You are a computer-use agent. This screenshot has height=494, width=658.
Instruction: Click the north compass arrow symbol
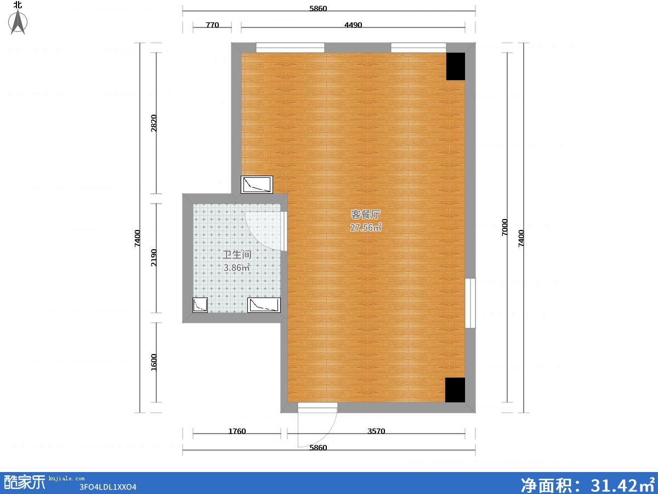pos(18,22)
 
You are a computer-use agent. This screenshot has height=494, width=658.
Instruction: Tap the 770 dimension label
pos(212,25)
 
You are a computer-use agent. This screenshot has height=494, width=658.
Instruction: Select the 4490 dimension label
pos(353,25)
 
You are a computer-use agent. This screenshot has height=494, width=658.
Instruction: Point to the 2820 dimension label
pos(154,123)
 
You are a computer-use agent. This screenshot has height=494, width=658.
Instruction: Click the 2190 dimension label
pos(154,257)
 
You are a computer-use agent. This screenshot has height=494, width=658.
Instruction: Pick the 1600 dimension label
pos(154,362)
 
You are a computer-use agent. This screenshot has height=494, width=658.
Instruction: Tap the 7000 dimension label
pos(504,227)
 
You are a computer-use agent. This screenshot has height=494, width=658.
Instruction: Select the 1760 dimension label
pos(237,431)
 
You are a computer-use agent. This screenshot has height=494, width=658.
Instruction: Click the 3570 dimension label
pos(376,431)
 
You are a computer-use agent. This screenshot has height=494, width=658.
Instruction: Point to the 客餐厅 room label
pos(365,215)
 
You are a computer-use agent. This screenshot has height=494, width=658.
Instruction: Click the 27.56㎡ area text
pos(366,228)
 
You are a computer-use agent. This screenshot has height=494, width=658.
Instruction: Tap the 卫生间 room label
pos(237,255)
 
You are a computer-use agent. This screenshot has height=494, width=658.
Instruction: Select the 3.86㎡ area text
pos(237,267)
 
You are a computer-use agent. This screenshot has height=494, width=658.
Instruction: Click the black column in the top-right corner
pos(456,66)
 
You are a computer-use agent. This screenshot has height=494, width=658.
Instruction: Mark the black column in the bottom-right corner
pos(455,390)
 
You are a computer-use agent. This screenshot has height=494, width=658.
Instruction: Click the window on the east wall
pos(470,303)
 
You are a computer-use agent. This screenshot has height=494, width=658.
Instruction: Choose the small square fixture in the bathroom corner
pos(200,305)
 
